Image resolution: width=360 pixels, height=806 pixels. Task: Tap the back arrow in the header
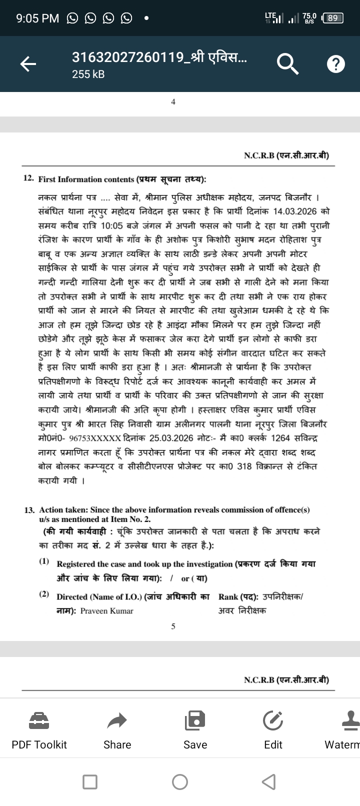click(28, 63)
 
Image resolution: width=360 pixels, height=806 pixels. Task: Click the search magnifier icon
click(286, 63)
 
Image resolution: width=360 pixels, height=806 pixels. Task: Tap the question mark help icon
click(335, 63)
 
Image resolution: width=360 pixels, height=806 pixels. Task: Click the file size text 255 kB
click(88, 74)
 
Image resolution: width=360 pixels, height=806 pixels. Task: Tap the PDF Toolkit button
click(39, 729)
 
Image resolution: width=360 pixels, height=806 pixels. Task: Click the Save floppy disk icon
click(195, 720)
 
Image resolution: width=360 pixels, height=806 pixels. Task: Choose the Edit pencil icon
click(273, 720)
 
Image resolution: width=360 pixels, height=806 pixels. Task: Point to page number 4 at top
click(173, 102)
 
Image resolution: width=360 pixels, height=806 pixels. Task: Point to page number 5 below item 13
click(173, 626)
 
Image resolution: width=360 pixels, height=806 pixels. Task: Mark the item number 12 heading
click(29, 178)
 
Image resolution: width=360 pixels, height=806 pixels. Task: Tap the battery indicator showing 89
click(332, 18)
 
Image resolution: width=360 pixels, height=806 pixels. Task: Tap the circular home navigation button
click(180, 781)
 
